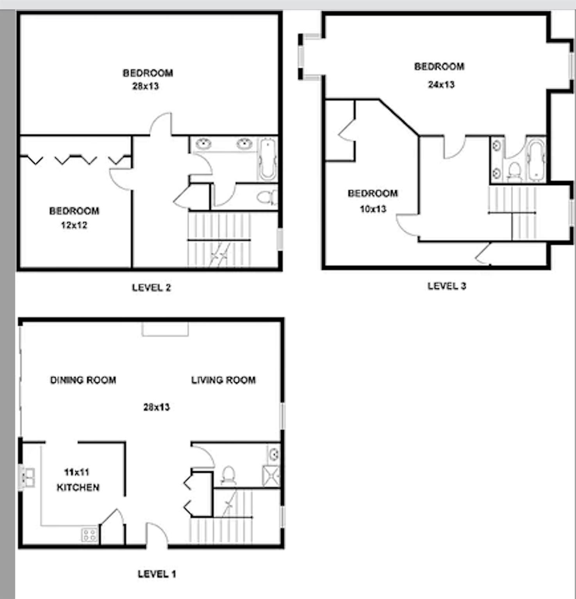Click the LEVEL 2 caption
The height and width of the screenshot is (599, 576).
point(151,288)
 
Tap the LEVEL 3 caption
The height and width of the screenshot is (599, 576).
point(447,286)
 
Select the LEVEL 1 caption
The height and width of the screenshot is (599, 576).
point(157,574)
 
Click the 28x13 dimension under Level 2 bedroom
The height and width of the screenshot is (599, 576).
point(145,86)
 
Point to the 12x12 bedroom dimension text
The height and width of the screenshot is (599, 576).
point(74,225)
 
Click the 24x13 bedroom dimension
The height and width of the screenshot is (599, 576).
point(441,85)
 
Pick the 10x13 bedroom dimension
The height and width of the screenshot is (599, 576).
point(373,209)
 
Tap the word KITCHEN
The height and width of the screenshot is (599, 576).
point(78,487)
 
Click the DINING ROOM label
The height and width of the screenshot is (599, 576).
point(83,380)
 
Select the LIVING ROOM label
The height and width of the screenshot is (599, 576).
point(223,380)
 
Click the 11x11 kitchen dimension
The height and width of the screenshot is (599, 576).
point(77,472)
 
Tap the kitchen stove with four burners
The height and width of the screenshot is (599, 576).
point(89,535)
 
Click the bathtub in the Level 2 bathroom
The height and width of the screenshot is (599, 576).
point(268,158)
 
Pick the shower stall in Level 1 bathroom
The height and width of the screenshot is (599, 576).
point(271,476)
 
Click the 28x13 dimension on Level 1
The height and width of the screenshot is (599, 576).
point(156,408)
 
